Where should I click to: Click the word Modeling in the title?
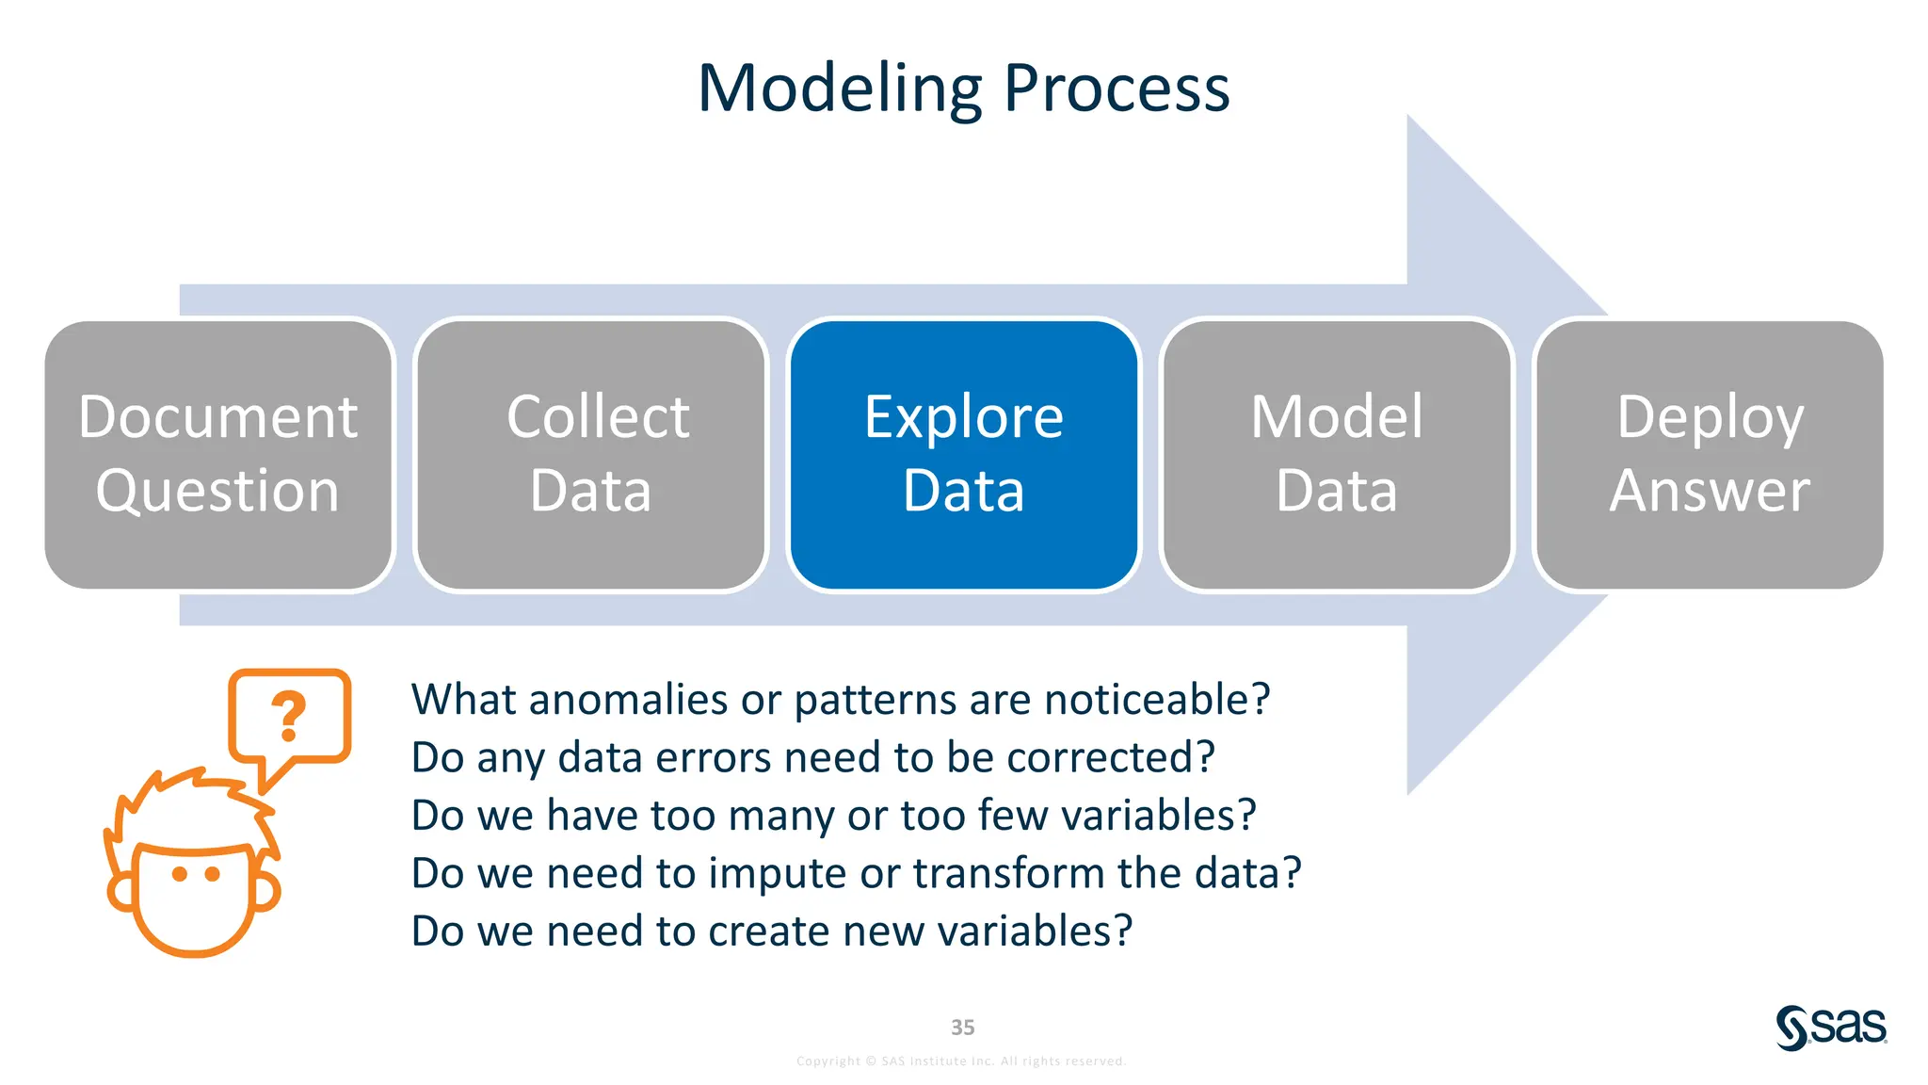[840, 89]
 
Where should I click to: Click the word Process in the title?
[1117, 89]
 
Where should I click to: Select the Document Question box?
[218, 455]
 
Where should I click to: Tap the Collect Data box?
[591, 455]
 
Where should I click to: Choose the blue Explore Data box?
[964, 455]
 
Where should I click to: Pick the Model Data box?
[1337, 455]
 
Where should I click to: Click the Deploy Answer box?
[1710, 455]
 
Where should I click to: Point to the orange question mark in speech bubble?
[289, 716]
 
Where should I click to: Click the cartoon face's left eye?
[180, 874]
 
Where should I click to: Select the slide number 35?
[962, 1028]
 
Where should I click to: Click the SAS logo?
[1831, 1027]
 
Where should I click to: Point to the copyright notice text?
[961, 1061]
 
